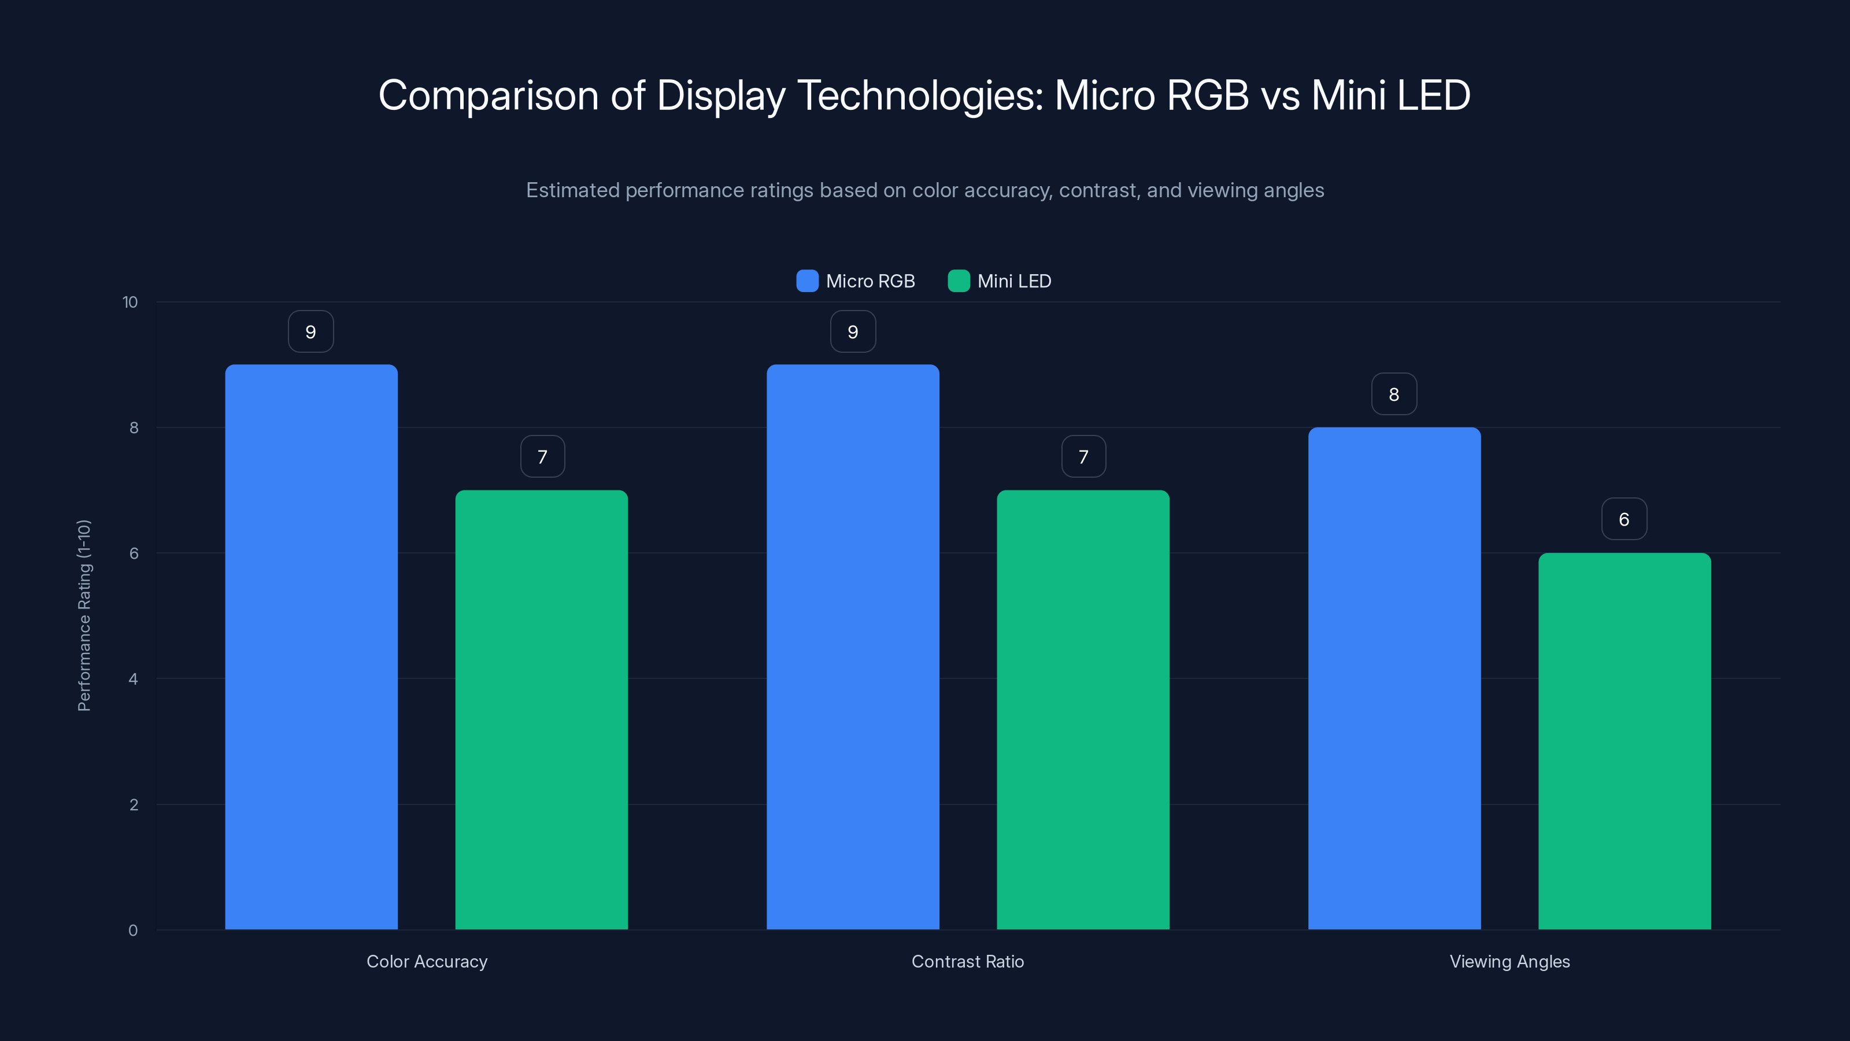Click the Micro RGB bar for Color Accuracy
coord(311,647)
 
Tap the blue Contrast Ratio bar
coord(853,647)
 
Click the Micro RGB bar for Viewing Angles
coord(1394,678)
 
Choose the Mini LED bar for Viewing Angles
coord(1625,741)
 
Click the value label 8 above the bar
coord(1394,394)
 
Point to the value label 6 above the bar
coord(1624,519)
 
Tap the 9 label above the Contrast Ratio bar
coord(853,331)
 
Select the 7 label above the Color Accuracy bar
coord(542,456)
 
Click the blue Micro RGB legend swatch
coord(807,281)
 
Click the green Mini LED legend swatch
coord(959,281)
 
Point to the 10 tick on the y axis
coord(130,302)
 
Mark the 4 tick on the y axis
coord(133,679)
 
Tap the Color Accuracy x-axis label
coord(427,961)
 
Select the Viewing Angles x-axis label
coord(1509,961)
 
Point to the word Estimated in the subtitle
coord(572,190)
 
